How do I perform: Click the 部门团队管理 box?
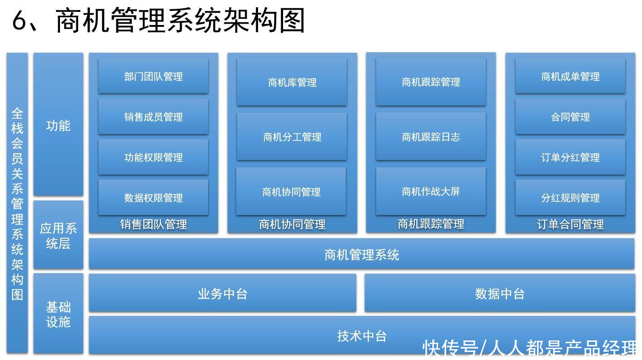coord(153,76)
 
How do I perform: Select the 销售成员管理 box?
coord(153,117)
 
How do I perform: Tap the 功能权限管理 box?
coord(153,157)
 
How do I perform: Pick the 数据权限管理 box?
coord(153,197)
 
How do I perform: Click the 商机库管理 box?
coord(292,82)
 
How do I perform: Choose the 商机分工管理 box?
coord(292,136)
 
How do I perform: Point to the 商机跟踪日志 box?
coord(431,136)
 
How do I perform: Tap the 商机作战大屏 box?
coord(431,191)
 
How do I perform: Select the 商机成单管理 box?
coord(570,76)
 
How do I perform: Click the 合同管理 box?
coord(570,117)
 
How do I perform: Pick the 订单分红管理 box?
coord(570,157)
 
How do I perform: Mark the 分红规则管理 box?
coord(570,197)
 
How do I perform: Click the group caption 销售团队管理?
coord(153,225)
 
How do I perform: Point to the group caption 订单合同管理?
coord(570,225)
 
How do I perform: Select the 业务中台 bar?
coord(223,293)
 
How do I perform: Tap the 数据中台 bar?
coord(500,293)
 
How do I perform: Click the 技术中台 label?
coord(362,336)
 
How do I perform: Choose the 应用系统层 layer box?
coord(59,235)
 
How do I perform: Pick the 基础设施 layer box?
coord(59,314)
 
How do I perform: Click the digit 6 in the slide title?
coord(20,20)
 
